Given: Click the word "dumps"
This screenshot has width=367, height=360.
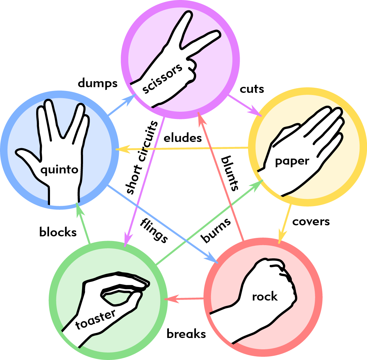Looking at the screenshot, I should [x=97, y=84].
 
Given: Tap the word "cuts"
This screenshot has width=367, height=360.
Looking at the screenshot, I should [x=252, y=89].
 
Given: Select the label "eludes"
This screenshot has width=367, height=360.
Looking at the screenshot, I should [x=183, y=138].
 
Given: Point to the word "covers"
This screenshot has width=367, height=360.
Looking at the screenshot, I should [x=311, y=222].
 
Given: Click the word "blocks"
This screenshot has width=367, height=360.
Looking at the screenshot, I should [x=58, y=232].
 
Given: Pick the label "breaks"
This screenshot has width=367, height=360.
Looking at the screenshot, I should [x=186, y=334].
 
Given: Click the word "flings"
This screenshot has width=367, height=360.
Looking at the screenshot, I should [x=154, y=230].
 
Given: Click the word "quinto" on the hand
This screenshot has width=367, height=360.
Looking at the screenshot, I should [x=59, y=170].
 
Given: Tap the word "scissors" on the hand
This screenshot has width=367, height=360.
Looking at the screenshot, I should [x=162, y=78].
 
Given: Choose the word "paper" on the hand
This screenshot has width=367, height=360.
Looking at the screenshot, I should [x=292, y=161].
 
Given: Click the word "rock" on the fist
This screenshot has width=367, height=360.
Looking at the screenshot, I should [x=265, y=297].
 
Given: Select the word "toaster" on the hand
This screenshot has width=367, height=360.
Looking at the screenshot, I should [x=96, y=319].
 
